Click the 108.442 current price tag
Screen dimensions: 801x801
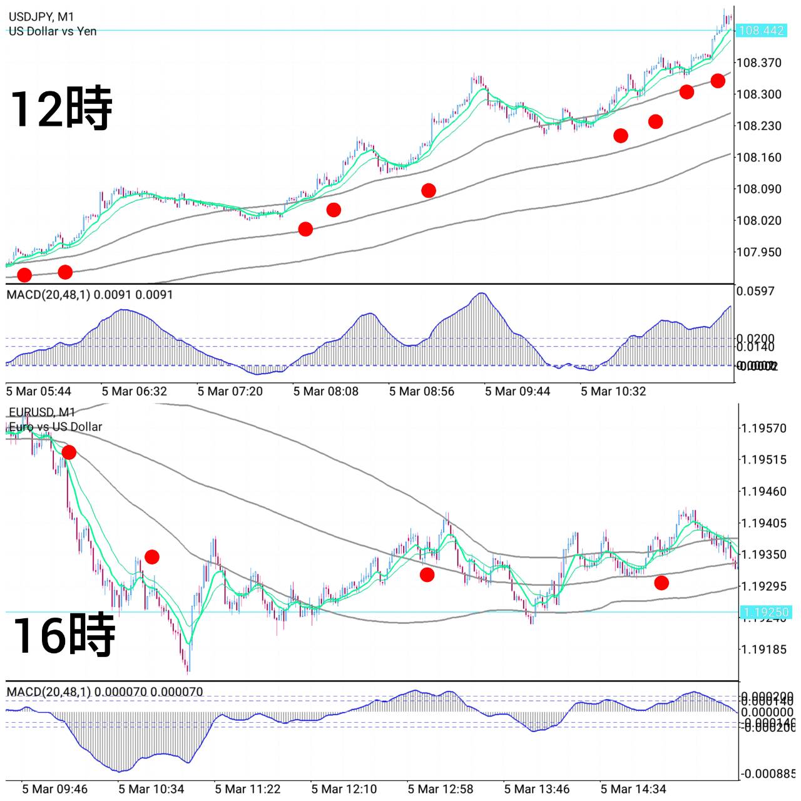pos(761,31)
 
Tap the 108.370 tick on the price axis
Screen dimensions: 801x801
pos(758,63)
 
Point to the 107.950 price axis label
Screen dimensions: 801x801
pos(758,252)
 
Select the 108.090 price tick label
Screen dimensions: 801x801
pos(758,189)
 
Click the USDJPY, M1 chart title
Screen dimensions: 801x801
pos(41,17)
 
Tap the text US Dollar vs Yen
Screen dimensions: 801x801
pos(53,31)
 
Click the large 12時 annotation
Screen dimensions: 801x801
pos(61,109)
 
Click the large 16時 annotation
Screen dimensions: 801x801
pos(64,635)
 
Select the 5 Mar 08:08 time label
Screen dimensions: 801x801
pos(326,392)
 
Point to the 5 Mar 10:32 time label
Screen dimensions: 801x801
pos(613,392)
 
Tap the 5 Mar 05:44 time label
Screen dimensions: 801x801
pos(39,392)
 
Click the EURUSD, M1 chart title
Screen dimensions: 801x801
pos(42,412)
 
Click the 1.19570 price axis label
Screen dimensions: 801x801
pos(763,429)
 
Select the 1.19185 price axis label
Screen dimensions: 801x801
pos(763,650)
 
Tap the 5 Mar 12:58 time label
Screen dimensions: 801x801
pos(441,789)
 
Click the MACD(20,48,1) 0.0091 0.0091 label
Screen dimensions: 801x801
pos(89,295)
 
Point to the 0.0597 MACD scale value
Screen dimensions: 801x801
pos(755,291)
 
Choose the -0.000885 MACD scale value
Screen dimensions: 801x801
pos(767,774)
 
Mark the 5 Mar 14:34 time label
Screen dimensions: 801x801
pos(633,789)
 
